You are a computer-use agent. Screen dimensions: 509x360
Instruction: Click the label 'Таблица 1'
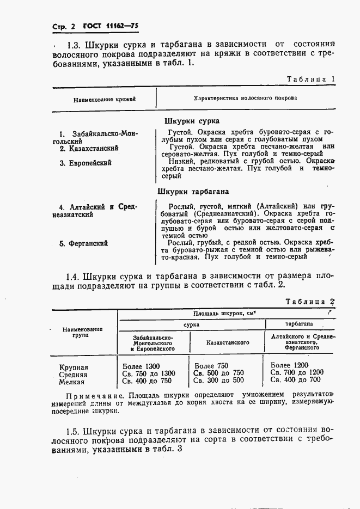[x=310, y=79]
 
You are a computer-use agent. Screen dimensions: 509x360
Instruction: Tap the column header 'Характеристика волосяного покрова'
[x=245, y=99]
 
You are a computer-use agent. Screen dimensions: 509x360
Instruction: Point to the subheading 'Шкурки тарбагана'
[x=193, y=192]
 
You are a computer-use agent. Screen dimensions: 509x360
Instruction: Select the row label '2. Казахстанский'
[x=89, y=148]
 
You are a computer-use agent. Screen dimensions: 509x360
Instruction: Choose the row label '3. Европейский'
[x=86, y=163]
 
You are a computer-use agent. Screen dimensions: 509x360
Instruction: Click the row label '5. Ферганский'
[x=83, y=243]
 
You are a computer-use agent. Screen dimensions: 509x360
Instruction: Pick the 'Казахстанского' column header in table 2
[x=228, y=342]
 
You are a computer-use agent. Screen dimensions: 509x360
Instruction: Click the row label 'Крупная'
[x=74, y=367]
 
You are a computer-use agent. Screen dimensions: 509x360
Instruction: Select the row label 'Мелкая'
[x=71, y=383]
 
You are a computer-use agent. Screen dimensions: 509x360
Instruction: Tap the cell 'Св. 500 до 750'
[x=219, y=373]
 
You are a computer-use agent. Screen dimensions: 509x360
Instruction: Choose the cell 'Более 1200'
[x=289, y=365]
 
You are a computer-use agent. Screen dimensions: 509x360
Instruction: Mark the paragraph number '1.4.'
[x=75, y=276]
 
